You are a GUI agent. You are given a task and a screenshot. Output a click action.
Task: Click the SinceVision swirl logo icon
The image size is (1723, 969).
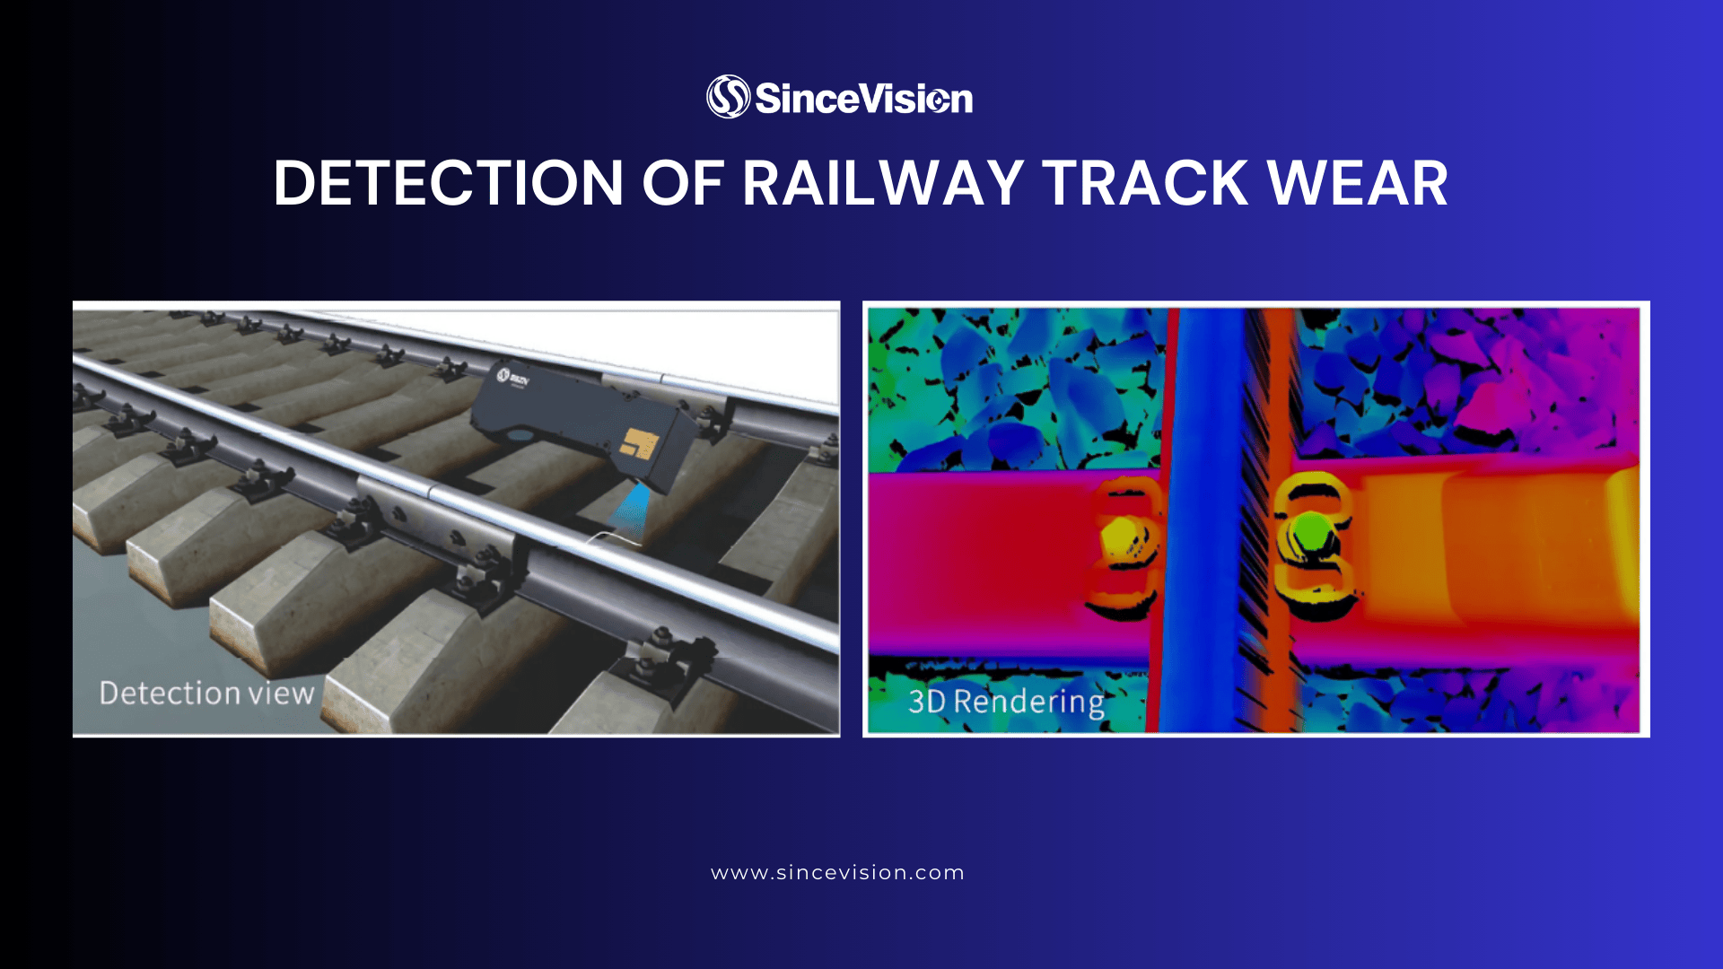728,97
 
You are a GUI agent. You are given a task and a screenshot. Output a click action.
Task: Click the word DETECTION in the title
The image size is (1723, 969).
448,184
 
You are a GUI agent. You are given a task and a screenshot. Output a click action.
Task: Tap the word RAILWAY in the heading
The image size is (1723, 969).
883,184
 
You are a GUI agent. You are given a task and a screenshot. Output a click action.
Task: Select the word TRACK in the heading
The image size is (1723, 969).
1145,184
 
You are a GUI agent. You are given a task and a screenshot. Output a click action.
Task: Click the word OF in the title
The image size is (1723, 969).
683,184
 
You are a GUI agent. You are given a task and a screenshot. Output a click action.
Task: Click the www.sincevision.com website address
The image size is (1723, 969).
837,873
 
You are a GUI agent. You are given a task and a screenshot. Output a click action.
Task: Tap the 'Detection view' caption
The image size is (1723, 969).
206,694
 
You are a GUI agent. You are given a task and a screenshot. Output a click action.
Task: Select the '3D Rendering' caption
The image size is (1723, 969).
1006,702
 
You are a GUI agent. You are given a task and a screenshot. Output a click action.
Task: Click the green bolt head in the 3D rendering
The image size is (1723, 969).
1308,531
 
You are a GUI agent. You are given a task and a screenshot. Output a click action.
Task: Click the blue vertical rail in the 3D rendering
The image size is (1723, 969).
1208,520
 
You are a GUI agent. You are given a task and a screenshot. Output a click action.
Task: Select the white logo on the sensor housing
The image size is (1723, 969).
514,378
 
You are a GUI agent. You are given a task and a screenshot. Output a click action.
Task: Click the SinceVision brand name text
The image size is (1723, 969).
863,99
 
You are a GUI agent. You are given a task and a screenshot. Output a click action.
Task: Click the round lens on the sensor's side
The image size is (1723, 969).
517,433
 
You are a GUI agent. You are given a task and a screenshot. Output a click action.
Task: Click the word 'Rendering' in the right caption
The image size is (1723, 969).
1028,702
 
